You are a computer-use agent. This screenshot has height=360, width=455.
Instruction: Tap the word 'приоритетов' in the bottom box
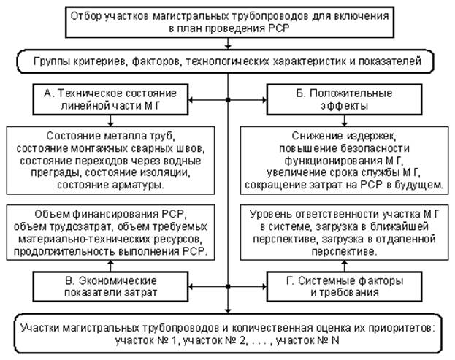[x=399, y=328]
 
